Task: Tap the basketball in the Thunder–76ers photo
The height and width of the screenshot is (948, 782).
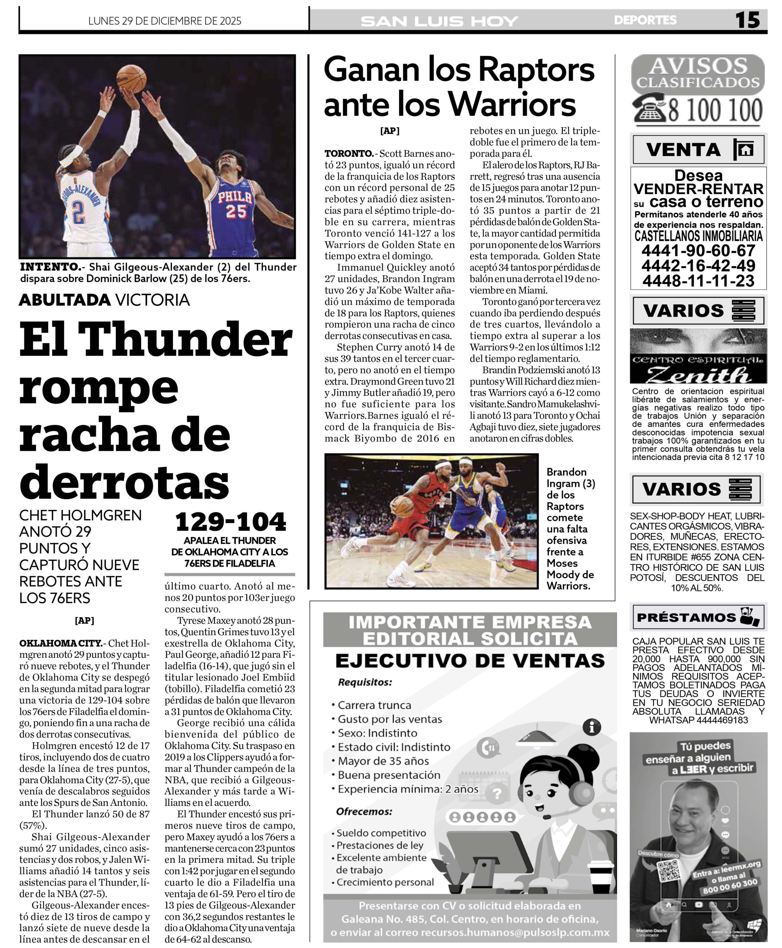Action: pyautogui.click(x=131, y=79)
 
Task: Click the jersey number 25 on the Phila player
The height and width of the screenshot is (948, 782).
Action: pyautogui.click(x=236, y=211)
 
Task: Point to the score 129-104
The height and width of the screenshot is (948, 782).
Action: pyautogui.click(x=230, y=522)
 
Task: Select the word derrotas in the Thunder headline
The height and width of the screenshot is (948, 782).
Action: pyautogui.click(x=124, y=481)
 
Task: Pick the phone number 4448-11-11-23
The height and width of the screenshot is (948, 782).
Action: pyautogui.click(x=698, y=281)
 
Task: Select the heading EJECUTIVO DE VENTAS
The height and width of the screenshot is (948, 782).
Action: pyautogui.click(x=470, y=661)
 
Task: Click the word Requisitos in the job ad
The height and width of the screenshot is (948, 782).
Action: pyautogui.click(x=365, y=682)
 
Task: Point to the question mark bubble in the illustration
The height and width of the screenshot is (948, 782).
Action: pyautogui.click(x=497, y=793)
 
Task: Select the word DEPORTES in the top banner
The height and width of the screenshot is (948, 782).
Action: pyautogui.click(x=645, y=20)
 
